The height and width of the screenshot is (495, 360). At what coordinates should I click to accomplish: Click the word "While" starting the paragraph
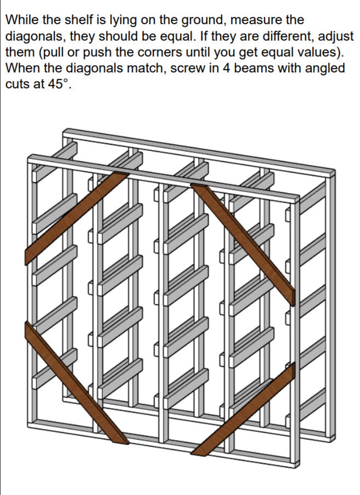[x=22, y=20]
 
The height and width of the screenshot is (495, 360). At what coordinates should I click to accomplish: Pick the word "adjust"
[x=335, y=36]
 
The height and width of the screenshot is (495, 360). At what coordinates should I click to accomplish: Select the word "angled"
[x=325, y=68]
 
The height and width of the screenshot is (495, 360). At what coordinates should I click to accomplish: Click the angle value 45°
[x=58, y=84]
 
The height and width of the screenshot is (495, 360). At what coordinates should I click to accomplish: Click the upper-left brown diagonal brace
[x=76, y=218]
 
